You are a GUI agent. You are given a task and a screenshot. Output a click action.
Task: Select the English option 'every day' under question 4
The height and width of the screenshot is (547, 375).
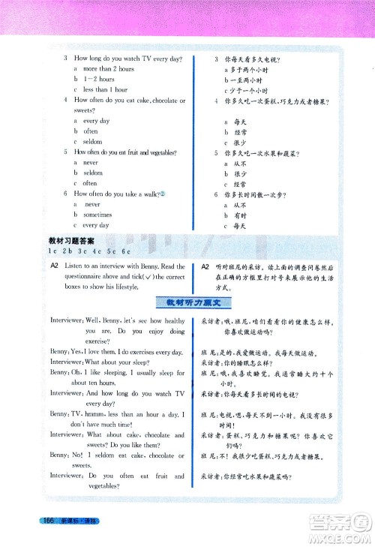click(96, 120)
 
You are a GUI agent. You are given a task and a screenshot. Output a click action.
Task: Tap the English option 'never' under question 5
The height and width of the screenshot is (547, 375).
click(91, 162)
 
